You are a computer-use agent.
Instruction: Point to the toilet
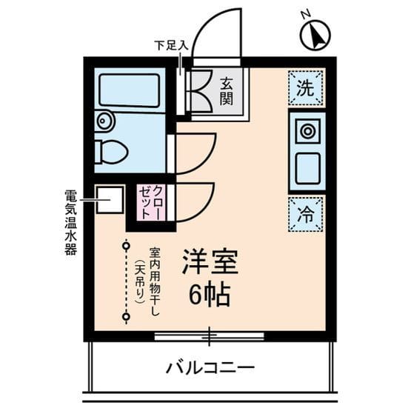pos(110,151)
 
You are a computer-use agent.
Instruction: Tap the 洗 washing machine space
pos(305,87)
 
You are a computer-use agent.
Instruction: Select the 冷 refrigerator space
pos(305,215)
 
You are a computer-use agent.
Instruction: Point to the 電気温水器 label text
pos(70,222)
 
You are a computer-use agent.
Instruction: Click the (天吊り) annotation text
pos(138,281)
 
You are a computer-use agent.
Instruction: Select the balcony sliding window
pos(210,336)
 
